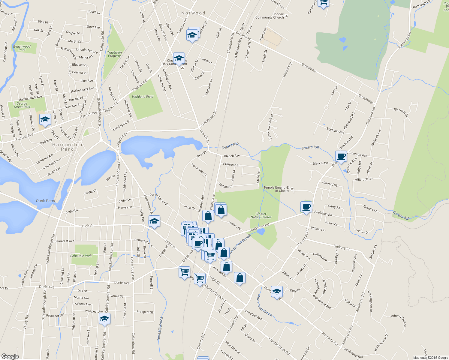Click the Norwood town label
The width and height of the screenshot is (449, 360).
pos(193,13)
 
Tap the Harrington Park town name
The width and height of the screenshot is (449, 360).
pos(67,147)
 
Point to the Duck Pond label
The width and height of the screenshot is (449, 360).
pos(46,201)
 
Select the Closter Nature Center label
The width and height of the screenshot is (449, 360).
pos(261,216)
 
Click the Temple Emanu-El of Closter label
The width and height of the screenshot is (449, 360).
pos(277,189)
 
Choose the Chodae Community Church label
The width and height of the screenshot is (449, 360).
pos(270,16)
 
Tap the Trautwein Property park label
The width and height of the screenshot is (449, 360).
pos(114,54)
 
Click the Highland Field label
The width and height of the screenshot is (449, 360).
pos(143,97)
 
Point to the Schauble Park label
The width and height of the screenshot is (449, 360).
pos(81,256)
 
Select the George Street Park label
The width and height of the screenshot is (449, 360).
pos(22,105)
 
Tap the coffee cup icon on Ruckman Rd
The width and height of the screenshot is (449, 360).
pos(306,207)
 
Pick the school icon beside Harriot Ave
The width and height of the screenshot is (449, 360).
pos(45,120)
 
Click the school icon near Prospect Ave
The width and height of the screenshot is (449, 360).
pos(104,319)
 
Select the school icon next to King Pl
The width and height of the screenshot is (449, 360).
pos(277,291)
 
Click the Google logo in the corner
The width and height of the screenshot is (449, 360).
pos(10,356)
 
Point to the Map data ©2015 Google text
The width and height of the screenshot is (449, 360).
pos(430,358)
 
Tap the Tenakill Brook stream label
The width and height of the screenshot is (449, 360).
pos(160,328)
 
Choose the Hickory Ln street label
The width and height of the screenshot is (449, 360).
pos(342,247)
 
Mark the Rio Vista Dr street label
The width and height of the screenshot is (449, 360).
pos(401,112)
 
